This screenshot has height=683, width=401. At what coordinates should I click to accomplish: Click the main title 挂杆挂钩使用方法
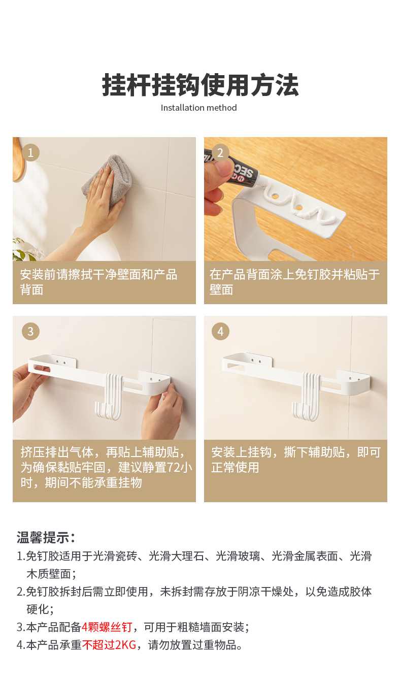point(200,85)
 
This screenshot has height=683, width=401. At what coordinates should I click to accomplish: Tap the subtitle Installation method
point(198,108)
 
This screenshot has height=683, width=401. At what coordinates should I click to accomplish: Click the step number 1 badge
point(30,152)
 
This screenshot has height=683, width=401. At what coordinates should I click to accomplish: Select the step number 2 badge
point(220,152)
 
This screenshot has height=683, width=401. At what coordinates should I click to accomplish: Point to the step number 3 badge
point(30,331)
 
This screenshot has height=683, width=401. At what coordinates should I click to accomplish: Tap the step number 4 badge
point(220,331)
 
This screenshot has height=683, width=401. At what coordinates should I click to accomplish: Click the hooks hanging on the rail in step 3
point(109,397)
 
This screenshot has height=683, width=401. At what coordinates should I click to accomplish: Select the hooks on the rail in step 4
point(306,397)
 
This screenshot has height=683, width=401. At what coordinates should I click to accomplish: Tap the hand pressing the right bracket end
point(163,412)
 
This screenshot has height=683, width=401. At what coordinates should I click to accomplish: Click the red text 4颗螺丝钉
point(107,627)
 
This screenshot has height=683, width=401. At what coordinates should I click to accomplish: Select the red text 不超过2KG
point(109,645)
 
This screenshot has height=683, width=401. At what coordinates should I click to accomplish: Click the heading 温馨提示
point(46,537)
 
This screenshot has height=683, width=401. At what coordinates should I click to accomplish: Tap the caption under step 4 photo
point(296,460)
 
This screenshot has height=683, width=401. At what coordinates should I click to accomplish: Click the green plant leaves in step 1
point(24,250)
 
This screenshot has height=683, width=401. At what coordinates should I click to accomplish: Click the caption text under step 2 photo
point(294,282)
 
